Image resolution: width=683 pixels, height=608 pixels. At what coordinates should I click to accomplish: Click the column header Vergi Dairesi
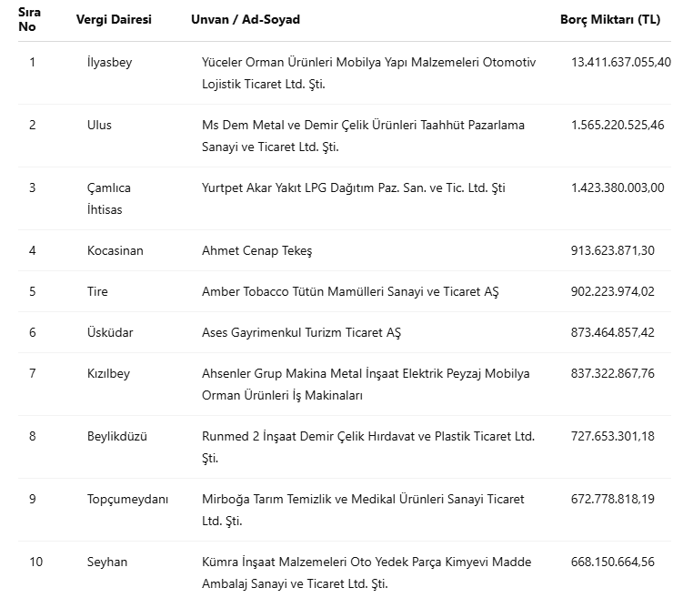coord(114,19)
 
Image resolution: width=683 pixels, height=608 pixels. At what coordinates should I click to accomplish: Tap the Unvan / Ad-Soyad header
coord(246,19)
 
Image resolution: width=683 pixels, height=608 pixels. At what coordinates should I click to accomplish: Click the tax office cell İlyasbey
coord(109,62)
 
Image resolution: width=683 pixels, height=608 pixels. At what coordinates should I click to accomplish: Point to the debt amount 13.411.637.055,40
coord(620,62)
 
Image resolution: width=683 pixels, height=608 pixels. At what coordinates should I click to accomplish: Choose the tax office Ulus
coord(99,125)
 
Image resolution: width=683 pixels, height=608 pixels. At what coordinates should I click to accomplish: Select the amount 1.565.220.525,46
coord(618,125)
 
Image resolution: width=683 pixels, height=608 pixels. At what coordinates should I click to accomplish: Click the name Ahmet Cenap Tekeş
coord(256,250)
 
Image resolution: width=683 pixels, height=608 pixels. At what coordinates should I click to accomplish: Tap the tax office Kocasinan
coord(116,250)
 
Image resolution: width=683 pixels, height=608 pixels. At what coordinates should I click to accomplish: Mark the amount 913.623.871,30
coord(613,250)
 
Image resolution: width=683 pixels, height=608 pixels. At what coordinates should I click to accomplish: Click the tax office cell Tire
coord(97,291)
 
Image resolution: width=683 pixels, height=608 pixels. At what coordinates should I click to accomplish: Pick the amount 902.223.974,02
coord(613,291)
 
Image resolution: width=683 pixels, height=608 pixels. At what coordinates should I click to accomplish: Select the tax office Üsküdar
coord(110,332)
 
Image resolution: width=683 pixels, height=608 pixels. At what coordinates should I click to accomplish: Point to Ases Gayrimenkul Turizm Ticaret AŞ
coord(301,332)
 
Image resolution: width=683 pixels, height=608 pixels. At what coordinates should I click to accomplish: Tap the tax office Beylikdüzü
coord(117,436)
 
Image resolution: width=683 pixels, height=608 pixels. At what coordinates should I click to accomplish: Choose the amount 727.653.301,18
coord(613,436)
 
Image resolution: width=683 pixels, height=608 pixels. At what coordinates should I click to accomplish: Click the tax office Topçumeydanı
coord(128,499)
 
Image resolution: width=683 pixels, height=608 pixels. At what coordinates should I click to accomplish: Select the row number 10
coord(35,562)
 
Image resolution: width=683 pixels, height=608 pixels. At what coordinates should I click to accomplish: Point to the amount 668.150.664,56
coord(613,562)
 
